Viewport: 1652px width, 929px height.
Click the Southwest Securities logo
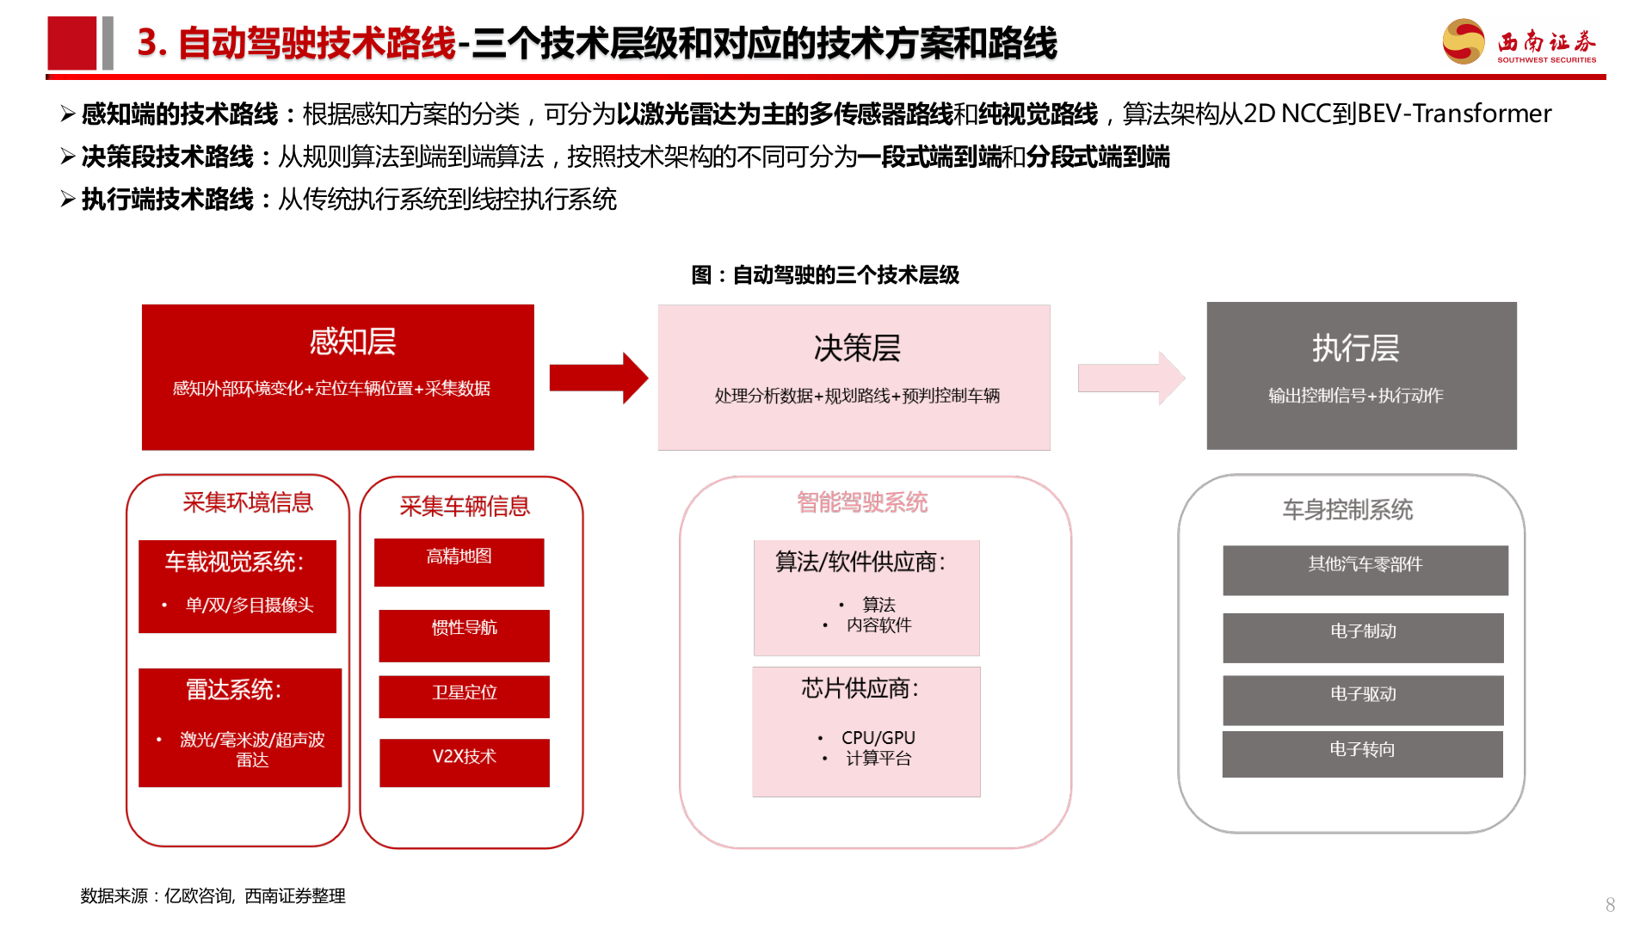point(1519,42)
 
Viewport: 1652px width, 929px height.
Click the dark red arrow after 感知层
point(598,378)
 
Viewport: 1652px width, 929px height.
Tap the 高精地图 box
point(459,562)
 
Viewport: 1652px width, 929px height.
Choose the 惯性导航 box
point(464,635)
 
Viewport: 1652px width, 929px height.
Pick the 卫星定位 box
point(464,696)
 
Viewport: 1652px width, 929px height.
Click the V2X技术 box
point(464,762)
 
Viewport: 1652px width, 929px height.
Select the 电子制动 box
point(1363,637)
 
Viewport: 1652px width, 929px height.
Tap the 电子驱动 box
point(1363,699)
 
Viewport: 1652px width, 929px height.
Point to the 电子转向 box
point(1362,754)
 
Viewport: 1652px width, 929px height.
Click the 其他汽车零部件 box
point(1365,569)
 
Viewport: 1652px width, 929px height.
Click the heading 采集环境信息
point(248,502)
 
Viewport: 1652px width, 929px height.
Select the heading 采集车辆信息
point(465,506)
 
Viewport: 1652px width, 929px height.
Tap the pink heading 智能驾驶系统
point(862,502)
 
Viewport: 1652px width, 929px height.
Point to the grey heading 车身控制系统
point(1347,509)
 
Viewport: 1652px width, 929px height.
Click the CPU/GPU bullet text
point(878,737)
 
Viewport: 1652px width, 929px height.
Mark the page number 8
point(1610,905)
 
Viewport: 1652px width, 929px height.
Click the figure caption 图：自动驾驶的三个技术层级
point(825,275)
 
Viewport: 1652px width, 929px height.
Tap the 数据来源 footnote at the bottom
point(213,895)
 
